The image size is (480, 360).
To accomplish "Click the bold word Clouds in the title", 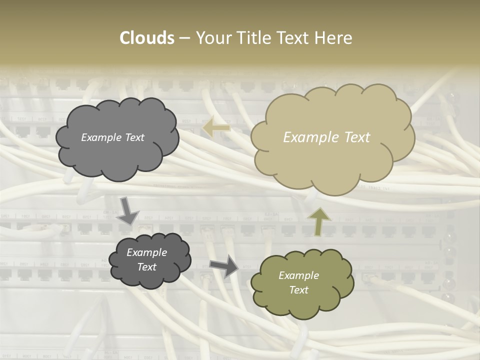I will pyautogui.click(x=147, y=38).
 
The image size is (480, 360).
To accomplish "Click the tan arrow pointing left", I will pyautogui.click(x=216, y=128).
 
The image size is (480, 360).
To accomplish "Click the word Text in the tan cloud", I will pyautogui.click(x=356, y=137).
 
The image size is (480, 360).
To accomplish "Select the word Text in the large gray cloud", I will pyautogui.click(x=134, y=137).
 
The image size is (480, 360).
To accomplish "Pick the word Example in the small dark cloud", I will pyautogui.click(x=146, y=252).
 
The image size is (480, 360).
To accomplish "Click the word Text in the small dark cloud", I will pyautogui.click(x=146, y=267).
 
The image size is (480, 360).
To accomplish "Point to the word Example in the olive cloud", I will pyautogui.click(x=298, y=275).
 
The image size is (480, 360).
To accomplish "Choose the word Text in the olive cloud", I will pyautogui.click(x=298, y=290).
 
